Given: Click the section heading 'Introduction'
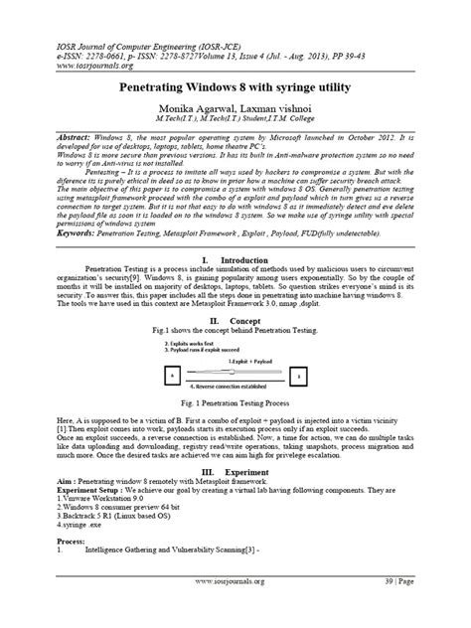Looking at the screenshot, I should tap(243, 258).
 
